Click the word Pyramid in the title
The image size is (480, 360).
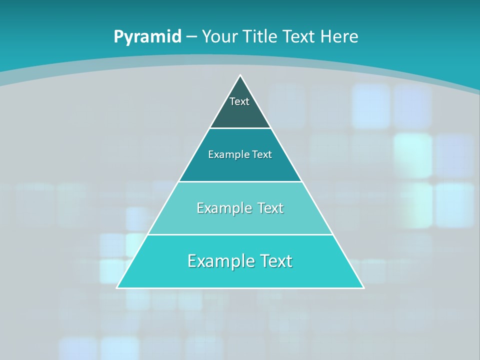click(147, 37)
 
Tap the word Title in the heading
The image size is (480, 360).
click(261, 37)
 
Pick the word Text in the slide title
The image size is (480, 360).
click(300, 37)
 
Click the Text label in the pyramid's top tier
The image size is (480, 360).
click(239, 101)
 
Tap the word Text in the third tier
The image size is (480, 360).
click(270, 208)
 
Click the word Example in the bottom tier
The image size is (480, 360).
click(220, 261)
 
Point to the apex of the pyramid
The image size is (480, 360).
click(240, 76)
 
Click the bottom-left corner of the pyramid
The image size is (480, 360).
click(117, 287)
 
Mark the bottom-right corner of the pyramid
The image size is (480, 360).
click(363, 287)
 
